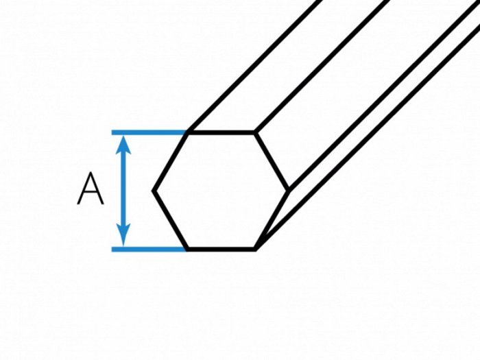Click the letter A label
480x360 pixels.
pyautogui.click(x=91, y=189)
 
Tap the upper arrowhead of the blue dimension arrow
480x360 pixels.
pyautogui.click(x=123, y=145)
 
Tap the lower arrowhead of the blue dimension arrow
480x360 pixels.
pyautogui.click(x=123, y=235)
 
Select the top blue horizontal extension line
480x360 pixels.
pyautogui.click(x=149, y=132)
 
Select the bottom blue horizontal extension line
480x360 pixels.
pyautogui.click(x=149, y=249)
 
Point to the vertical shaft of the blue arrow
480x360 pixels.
pyautogui.click(x=123, y=190)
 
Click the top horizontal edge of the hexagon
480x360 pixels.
pyautogui.click(x=221, y=132)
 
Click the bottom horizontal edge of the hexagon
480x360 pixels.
pyautogui.click(x=221, y=249)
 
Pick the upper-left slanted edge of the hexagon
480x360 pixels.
pyautogui.click(x=171, y=162)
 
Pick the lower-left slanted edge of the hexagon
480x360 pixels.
pyautogui.click(x=171, y=220)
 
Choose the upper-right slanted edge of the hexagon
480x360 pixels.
pyautogui.click(x=272, y=162)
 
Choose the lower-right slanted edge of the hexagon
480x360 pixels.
pyautogui.click(x=272, y=220)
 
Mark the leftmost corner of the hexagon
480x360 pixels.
pyautogui.click(x=154, y=191)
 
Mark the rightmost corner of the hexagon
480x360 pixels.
pyautogui.click(x=289, y=191)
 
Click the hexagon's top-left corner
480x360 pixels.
pyautogui.click(x=188, y=132)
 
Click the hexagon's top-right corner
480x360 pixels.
pyautogui.click(x=254, y=132)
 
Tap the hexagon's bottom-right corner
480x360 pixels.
pyautogui.click(x=255, y=249)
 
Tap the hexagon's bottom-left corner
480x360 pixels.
pyautogui.click(x=188, y=249)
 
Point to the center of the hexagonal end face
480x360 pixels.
pyautogui.click(x=221, y=191)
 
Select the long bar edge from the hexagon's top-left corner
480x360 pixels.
pyautogui.click(x=254, y=66)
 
